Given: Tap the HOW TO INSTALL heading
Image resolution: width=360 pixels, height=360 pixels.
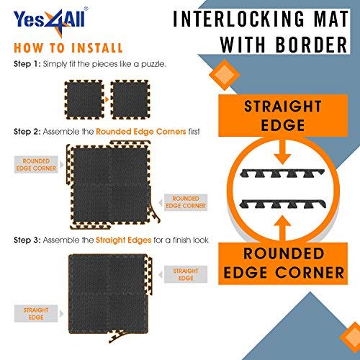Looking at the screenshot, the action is point(68,48).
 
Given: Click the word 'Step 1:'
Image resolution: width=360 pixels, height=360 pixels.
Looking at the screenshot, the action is point(27,64).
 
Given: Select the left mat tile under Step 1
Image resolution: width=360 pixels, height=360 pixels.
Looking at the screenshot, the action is point(84,99).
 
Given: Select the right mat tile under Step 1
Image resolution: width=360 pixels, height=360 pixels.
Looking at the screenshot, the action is point(130,99).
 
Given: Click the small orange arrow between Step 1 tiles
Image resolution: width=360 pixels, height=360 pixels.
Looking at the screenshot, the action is point(107,99).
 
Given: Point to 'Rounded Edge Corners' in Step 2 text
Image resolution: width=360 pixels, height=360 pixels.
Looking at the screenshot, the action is point(141,132).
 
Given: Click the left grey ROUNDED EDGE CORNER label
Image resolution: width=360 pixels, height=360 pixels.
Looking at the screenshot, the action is point(36,165).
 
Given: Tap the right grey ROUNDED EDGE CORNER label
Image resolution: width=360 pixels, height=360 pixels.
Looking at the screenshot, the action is point(186,202).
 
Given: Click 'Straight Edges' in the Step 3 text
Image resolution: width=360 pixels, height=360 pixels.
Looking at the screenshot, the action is point(123,240).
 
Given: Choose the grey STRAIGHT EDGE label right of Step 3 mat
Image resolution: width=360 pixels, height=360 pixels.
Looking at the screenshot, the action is point(186,274).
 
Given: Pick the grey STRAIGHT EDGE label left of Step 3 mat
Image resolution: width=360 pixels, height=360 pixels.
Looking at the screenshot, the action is point(36,313).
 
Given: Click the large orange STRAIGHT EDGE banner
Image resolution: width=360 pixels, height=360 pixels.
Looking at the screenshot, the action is point(283,116).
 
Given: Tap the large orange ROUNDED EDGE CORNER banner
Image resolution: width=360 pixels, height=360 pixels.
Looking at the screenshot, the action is point(283,264).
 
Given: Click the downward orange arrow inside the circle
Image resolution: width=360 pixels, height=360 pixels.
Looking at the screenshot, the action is point(283,152).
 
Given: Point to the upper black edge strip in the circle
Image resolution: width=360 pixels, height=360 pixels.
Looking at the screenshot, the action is point(282,174).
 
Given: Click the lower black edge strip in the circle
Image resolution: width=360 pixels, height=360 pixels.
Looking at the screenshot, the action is point(283,204).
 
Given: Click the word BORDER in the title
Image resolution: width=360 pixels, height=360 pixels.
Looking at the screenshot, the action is point(311,45).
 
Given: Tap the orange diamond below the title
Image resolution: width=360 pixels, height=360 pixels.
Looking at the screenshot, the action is point(225,75).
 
